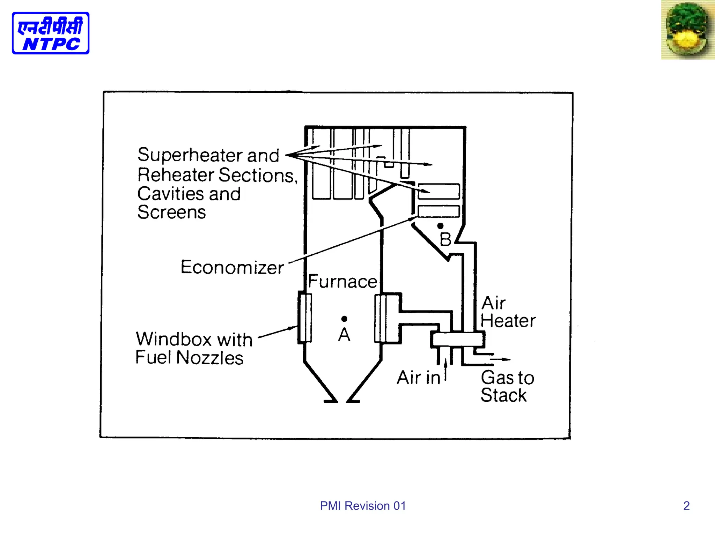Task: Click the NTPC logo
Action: pyautogui.click(x=51, y=33)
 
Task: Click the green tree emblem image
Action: pyautogui.click(x=687, y=30)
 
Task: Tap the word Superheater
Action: pyautogui.click(x=191, y=155)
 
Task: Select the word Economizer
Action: pyautogui.click(x=232, y=268)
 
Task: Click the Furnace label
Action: pyautogui.click(x=342, y=282)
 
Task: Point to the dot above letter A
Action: pyautogui.click(x=344, y=319)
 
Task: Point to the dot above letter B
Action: pyautogui.click(x=440, y=226)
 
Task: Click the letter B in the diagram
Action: pyautogui.click(x=445, y=240)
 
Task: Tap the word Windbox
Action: pyautogui.click(x=174, y=339)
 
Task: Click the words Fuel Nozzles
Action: pyautogui.click(x=189, y=358)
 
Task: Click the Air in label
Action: pyautogui.click(x=419, y=378)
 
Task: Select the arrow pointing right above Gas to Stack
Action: pyautogui.click(x=500, y=359)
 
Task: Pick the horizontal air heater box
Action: pyautogui.click(x=457, y=339)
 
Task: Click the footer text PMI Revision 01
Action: pyautogui.click(x=363, y=506)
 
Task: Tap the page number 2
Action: pyautogui.click(x=686, y=506)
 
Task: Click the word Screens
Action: pyautogui.click(x=172, y=213)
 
